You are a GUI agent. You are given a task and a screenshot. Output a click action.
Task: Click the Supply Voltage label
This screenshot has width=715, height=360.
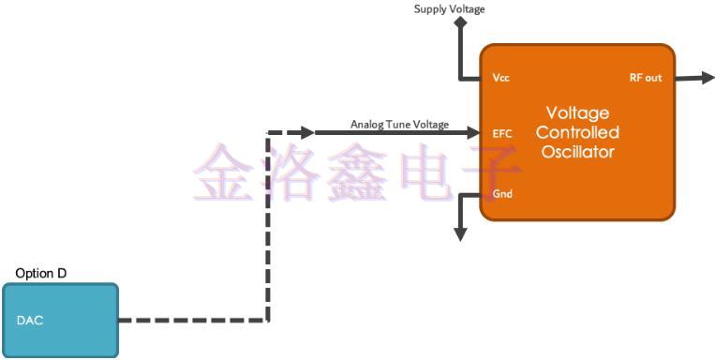pyautogui.click(x=450, y=9)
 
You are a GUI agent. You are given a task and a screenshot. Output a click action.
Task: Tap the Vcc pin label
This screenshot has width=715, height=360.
pyautogui.click(x=500, y=79)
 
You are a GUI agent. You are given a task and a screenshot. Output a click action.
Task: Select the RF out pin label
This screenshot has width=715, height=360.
pyautogui.click(x=644, y=78)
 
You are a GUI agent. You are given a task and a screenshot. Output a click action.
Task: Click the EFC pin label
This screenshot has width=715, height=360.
pyautogui.click(x=501, y=133)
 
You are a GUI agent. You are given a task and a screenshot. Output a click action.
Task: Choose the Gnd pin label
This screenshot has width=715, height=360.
pyautogui.click(x=501, y=195)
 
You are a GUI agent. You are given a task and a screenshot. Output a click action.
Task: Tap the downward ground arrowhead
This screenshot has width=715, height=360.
pyautogui.click(x=459, y=234)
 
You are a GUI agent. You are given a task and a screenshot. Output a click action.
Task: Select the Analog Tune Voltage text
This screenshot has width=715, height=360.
pyautogui.click(x=399, y=124)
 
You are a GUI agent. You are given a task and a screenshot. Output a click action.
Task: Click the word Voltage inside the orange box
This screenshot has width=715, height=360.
pyautogui.click(x=577, y=113)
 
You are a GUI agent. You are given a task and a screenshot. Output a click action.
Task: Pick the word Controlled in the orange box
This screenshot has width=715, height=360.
pyautogui.click(x=577, y=132)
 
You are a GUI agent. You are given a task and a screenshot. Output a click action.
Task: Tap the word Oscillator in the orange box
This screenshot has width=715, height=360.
pyautogui.click(x=577, y=151)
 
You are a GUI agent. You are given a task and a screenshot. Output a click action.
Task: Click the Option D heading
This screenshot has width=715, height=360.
pyautogui.click(x=41, y=273)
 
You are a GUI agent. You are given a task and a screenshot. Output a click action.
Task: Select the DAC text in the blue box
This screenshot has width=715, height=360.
pyautogui.click(x=30, y=321)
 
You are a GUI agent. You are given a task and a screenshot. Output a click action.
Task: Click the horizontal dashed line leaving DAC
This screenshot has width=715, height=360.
pyautogui.click(x=192, y=321)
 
